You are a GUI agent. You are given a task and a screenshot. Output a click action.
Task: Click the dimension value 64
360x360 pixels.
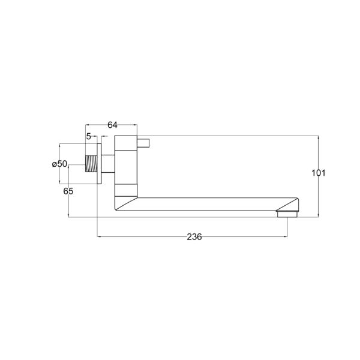tap(112, 125)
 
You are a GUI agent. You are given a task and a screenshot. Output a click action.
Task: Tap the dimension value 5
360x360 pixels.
tap(89, 136)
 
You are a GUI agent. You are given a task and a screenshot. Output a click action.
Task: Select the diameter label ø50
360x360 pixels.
tap(59, 164)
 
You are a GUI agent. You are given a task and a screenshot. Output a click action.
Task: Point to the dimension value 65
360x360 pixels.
tap(68, 191)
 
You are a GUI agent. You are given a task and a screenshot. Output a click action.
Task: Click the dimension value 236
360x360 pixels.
tap(194, 237)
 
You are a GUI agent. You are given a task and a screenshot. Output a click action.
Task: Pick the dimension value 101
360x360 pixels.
tap(318, 173)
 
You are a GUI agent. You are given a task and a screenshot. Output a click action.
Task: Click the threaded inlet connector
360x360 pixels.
tap(91, 164)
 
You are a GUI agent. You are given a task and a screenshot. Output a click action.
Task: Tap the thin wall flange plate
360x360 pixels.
tap(99, 164)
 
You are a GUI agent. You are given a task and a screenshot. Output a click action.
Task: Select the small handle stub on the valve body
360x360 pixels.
tap(143, 143)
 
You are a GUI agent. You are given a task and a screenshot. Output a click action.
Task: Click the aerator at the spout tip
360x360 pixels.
tap(287, 214)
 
